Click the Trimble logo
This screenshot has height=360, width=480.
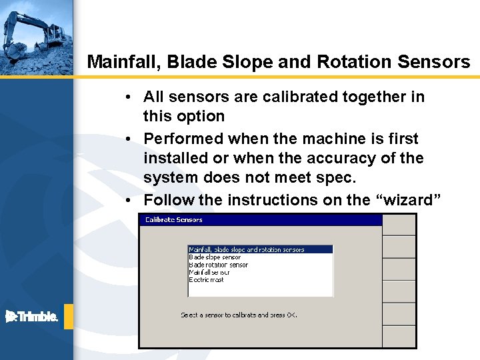tap(32, 317)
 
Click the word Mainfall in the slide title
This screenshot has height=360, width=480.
tap(124, 62)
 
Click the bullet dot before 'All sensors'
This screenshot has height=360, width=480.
tap(127, 97)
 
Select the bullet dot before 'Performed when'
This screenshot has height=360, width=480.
tap(127, 139)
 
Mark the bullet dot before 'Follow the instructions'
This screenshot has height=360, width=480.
tap(127, 201)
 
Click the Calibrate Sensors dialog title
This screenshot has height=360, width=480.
tap(173, 219)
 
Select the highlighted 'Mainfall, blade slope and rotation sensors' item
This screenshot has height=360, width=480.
tap(247, 249)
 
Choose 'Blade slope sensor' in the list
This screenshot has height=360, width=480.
tap(215, 257)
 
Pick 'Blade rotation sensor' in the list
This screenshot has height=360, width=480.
tap(218, 265)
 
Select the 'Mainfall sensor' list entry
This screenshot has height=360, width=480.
tap(209, 272)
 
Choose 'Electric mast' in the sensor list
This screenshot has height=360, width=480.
tap(207, 280)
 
